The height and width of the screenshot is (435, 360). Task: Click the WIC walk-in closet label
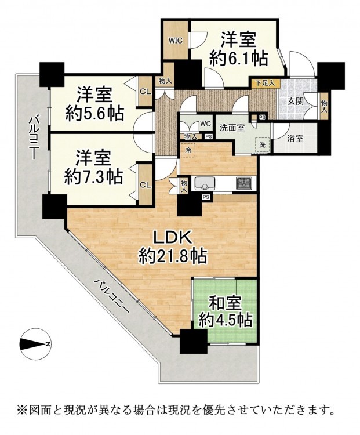(176, 41)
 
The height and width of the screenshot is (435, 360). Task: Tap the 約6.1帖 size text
(238, 59)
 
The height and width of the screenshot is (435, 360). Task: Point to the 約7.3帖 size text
(93, 176)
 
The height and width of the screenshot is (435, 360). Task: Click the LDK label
(173, 238)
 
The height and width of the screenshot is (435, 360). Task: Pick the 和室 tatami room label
(225, 304)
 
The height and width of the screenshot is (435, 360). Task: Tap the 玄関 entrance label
(295, 101)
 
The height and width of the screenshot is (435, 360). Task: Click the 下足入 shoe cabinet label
(264, 83)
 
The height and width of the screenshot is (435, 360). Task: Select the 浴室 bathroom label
(295, 139)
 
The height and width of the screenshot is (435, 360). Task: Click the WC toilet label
(206, 123)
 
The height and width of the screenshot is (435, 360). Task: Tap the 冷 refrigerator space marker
(188, 150)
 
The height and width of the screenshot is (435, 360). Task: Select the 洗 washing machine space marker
(262, 144)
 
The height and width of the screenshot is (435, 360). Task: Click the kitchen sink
(205, 183)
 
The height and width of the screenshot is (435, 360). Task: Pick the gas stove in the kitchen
(244, 183)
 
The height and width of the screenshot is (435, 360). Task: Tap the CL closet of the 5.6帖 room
(146, 91)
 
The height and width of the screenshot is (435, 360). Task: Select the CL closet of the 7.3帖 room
(146, 185)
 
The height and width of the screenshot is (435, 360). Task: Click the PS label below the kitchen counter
(206, 197)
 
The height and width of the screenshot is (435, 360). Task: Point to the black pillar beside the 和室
(193, 342)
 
